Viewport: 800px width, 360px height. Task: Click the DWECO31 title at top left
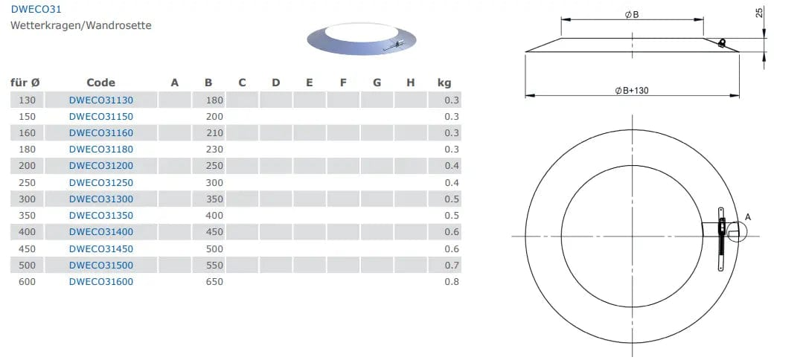coord(32,9)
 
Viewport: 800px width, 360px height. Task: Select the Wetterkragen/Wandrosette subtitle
coord(81,25)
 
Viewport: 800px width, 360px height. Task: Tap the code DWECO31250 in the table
coord(101,182)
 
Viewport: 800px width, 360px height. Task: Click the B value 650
coord(214,281)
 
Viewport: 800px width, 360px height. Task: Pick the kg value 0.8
coord(452,281)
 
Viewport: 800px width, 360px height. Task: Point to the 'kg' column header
coord(444,83)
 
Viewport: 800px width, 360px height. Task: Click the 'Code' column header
coord(101,83)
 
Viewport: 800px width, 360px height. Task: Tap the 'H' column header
coord(411,83)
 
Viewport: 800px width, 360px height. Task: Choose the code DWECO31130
coord(101,100)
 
